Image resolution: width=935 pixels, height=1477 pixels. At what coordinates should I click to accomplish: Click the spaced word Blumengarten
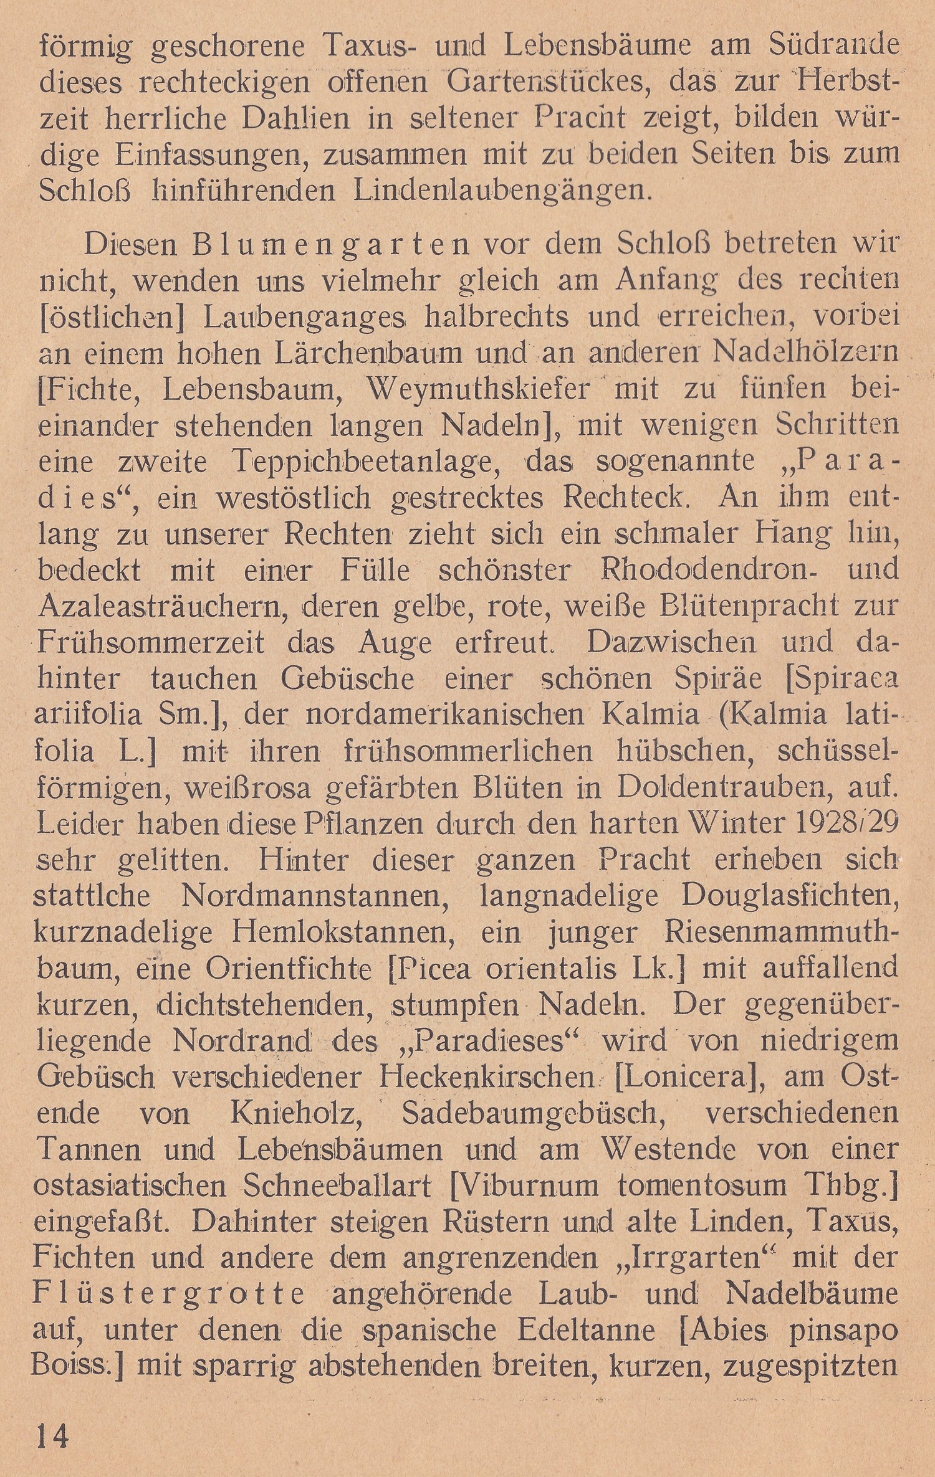coord(331,244)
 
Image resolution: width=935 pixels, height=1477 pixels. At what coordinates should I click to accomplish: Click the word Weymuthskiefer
coord(477,389)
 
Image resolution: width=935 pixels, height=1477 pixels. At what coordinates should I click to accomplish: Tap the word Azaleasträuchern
coord(160,606)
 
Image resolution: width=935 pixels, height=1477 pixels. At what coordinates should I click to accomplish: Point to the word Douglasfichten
coord(789,896)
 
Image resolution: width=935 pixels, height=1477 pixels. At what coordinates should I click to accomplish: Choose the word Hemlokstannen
coord(348,933)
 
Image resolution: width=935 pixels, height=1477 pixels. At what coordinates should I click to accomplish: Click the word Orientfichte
coord(289,969)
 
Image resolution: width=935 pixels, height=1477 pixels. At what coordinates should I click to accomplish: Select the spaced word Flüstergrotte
coord(169,1294)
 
